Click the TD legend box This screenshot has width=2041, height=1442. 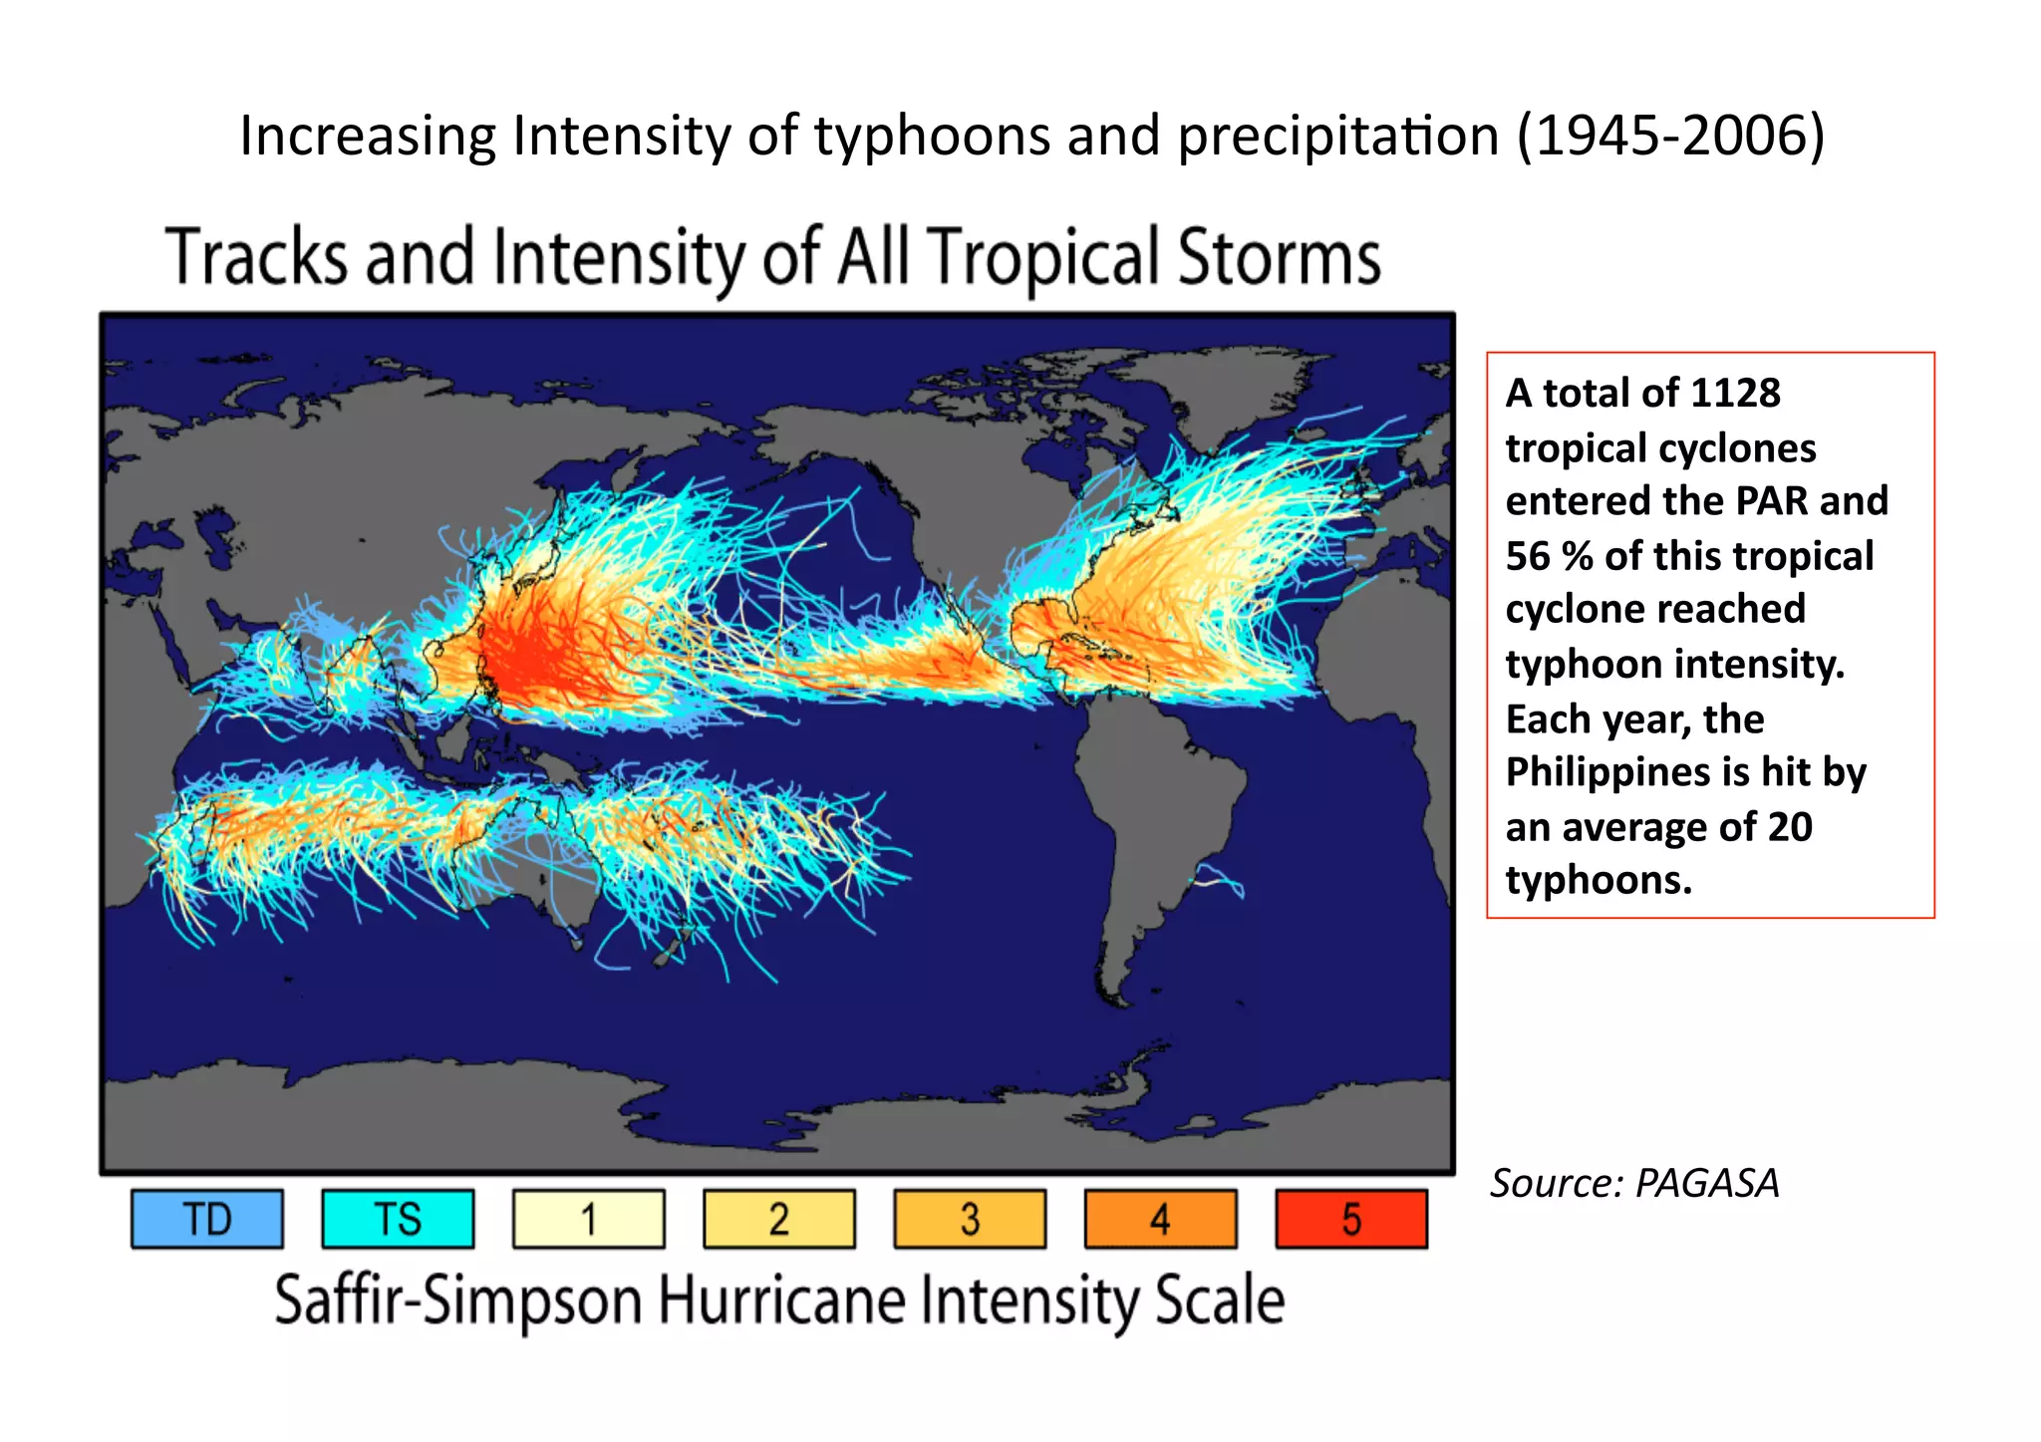[207, 1218]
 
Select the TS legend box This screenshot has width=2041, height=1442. [398, 1218]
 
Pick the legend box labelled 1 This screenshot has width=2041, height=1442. [588, 1218]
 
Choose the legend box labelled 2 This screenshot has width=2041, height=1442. [779, 1218]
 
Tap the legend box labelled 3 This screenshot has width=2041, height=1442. [970, 1218]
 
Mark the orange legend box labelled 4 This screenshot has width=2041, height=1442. [1160, 1218]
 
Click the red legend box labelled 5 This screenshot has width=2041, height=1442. [1351, 1218]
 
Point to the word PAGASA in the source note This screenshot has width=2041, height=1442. [1706, 1183]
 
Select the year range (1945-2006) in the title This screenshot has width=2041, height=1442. [1670, 136]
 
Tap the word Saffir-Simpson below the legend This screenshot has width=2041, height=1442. [458, 1300]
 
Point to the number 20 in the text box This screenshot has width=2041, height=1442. [1790, 827]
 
